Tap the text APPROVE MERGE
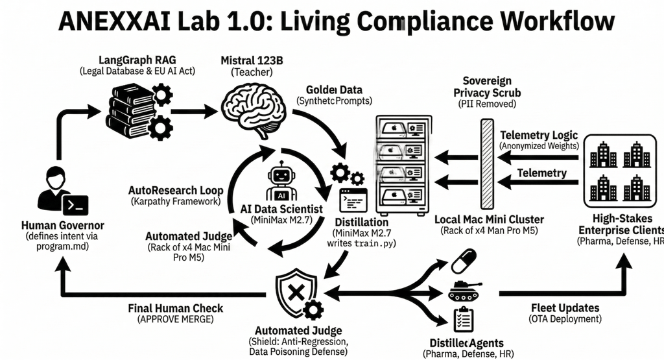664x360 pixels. [x=175, y=319]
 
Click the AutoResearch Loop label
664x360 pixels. [x=176, y=191]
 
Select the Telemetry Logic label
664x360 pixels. [x=538, y=135]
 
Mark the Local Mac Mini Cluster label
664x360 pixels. [x=490, y=219]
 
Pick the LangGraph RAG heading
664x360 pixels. [x=137, y=60]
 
